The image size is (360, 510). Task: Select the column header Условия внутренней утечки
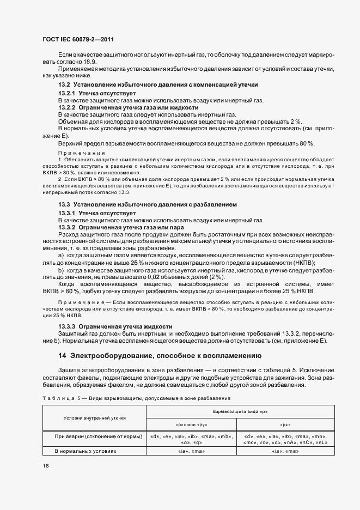point(94,418)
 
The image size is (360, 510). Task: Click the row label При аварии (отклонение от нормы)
point(99,436)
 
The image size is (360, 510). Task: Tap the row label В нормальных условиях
point(86,451)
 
